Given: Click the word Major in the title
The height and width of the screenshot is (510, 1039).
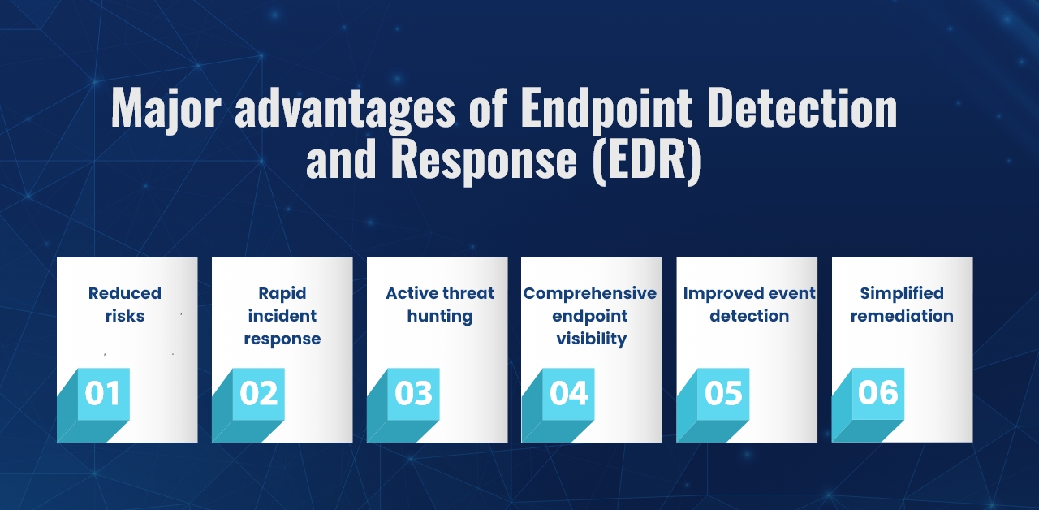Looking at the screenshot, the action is [x=166, y=110].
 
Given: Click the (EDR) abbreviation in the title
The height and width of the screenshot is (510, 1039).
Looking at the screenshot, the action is [x=647, y=159].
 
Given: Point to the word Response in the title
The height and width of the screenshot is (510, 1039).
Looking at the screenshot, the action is [x=485, y=161].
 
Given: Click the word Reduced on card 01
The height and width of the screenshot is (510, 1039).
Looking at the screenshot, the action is [x=125, y=293].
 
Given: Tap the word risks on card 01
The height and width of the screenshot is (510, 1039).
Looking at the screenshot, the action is [x=125, y=316].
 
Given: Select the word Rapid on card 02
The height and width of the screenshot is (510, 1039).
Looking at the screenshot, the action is [x=282, y=294].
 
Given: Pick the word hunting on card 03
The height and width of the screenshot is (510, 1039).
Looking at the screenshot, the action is [x=440, y=317].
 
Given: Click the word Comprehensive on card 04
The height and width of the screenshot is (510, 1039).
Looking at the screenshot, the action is [x=590, y=294].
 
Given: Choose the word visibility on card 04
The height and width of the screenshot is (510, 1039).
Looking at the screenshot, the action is [x=592, y=339].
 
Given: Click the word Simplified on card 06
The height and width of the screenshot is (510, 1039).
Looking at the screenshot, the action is [x=902, y=294].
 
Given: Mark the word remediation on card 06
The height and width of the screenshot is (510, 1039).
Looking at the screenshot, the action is [x=902, y=316].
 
